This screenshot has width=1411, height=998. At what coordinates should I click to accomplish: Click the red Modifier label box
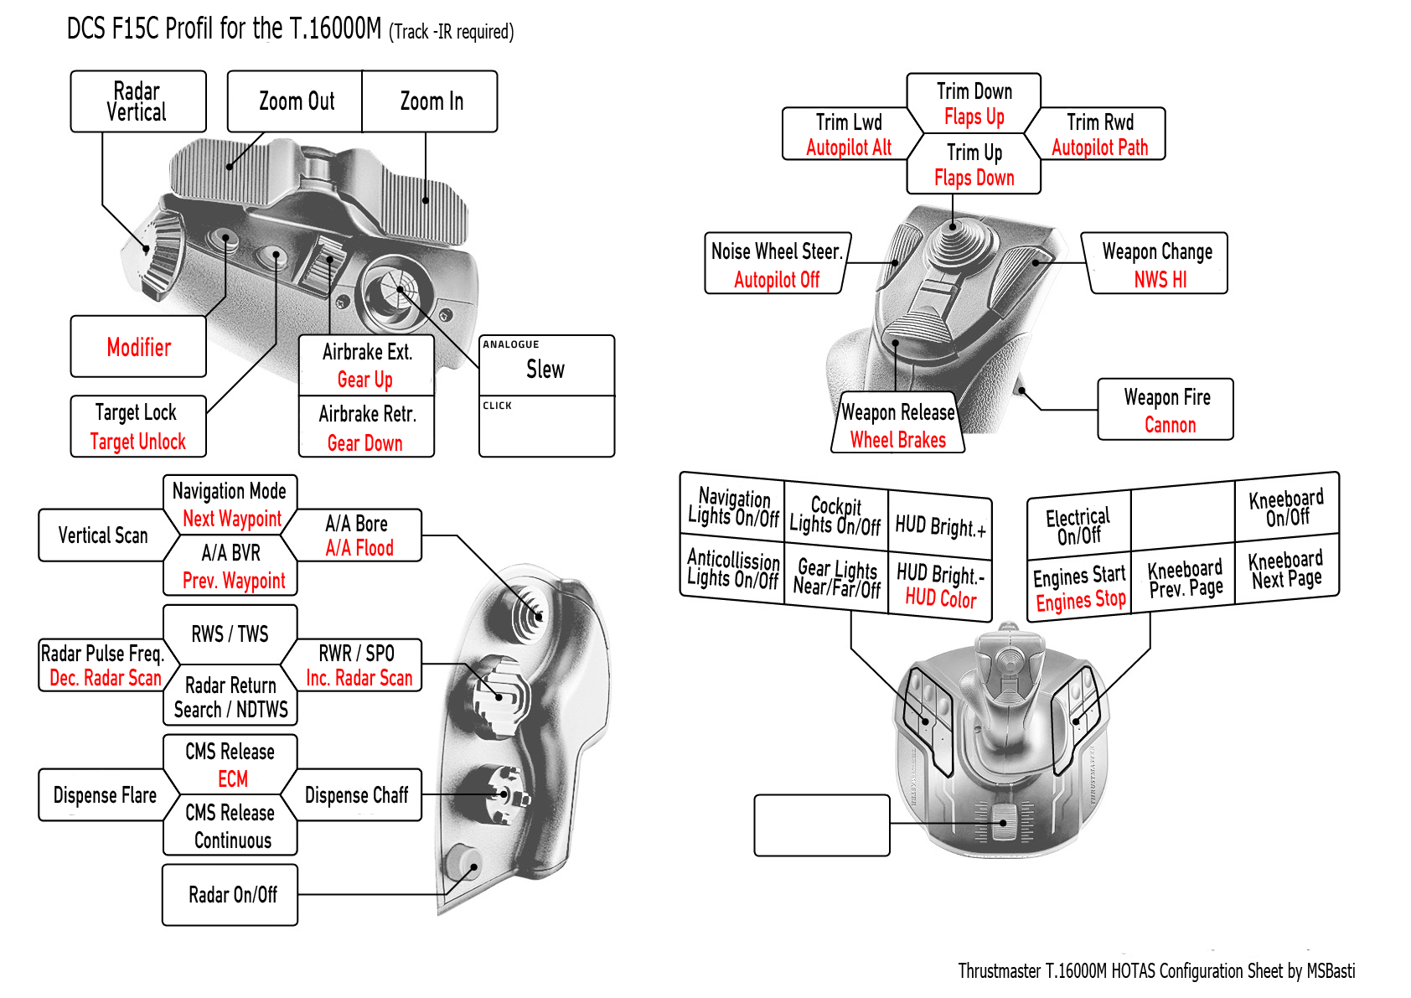[x=138, y=347]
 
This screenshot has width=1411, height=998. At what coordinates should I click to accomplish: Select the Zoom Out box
[x=296, y=101]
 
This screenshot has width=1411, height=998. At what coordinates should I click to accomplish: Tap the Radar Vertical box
[x=137, y=101]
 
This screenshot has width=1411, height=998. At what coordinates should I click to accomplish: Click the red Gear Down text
[x=364, y=443]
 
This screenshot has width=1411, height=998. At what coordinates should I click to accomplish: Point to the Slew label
[x=545, y=370]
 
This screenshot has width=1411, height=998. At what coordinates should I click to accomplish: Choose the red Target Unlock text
[x=137, y=442]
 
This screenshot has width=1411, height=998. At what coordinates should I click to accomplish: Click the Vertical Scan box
[x=102, y=535]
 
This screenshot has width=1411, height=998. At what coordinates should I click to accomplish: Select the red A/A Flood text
[x=359, y=548]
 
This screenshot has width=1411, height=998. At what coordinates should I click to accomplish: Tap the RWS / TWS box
[x=230, y=633]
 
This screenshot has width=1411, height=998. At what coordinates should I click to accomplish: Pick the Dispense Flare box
[x=104, y=795]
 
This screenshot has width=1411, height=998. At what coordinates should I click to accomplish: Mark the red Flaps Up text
[x=974, y=116]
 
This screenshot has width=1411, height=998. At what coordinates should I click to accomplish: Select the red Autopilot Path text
[x=1099, y=147]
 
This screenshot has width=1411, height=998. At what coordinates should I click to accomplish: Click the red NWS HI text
[x=1160, y=280]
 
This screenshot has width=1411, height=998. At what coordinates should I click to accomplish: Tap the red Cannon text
[x=1170, y=425]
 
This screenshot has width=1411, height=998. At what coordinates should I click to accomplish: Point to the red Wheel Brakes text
[x=897, y=440]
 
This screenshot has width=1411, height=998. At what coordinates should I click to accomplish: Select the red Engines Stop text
[x=1080, y=601]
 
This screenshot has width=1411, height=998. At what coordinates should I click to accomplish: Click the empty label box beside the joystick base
[x=821, y=825]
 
